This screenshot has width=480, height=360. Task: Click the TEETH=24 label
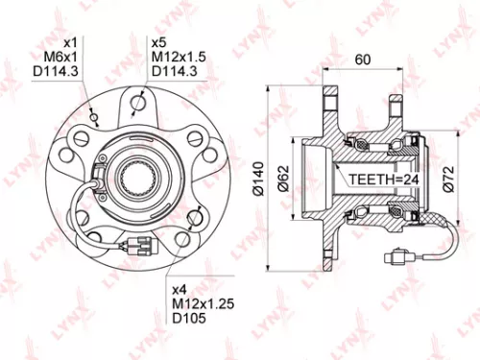[379, 179]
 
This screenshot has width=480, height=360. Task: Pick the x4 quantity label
[180, 289]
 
